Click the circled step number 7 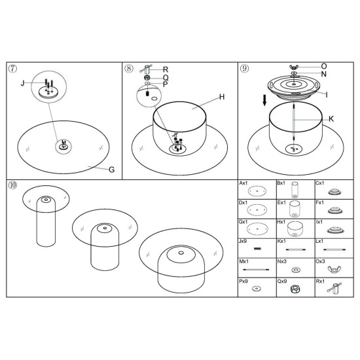(x=13, y=69)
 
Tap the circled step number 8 (x=129, y=69)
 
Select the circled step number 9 (x=245, y=68)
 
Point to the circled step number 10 (x=13, y=185)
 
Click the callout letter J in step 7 (x=22, y=83)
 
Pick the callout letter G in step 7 (x=111, y=170)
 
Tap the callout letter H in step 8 (x=222, y=97)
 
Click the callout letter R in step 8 (x=166, y=69)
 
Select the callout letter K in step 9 (x=331, y=119)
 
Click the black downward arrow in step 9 (x=264, y=101)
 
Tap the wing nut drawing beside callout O (x=294, y=67)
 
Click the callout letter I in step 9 (x=327, y=94)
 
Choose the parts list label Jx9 (x=243, y=242)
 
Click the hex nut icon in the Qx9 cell (x=295, y=289)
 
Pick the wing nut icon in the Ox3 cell (x=334, y=269)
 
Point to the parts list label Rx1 (x=320, y=281)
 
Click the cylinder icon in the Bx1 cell (x=295, y=190)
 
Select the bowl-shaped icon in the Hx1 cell (x=295, y=229)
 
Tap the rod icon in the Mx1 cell (x=256, y=270)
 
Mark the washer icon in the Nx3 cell (x=296, y=270)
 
